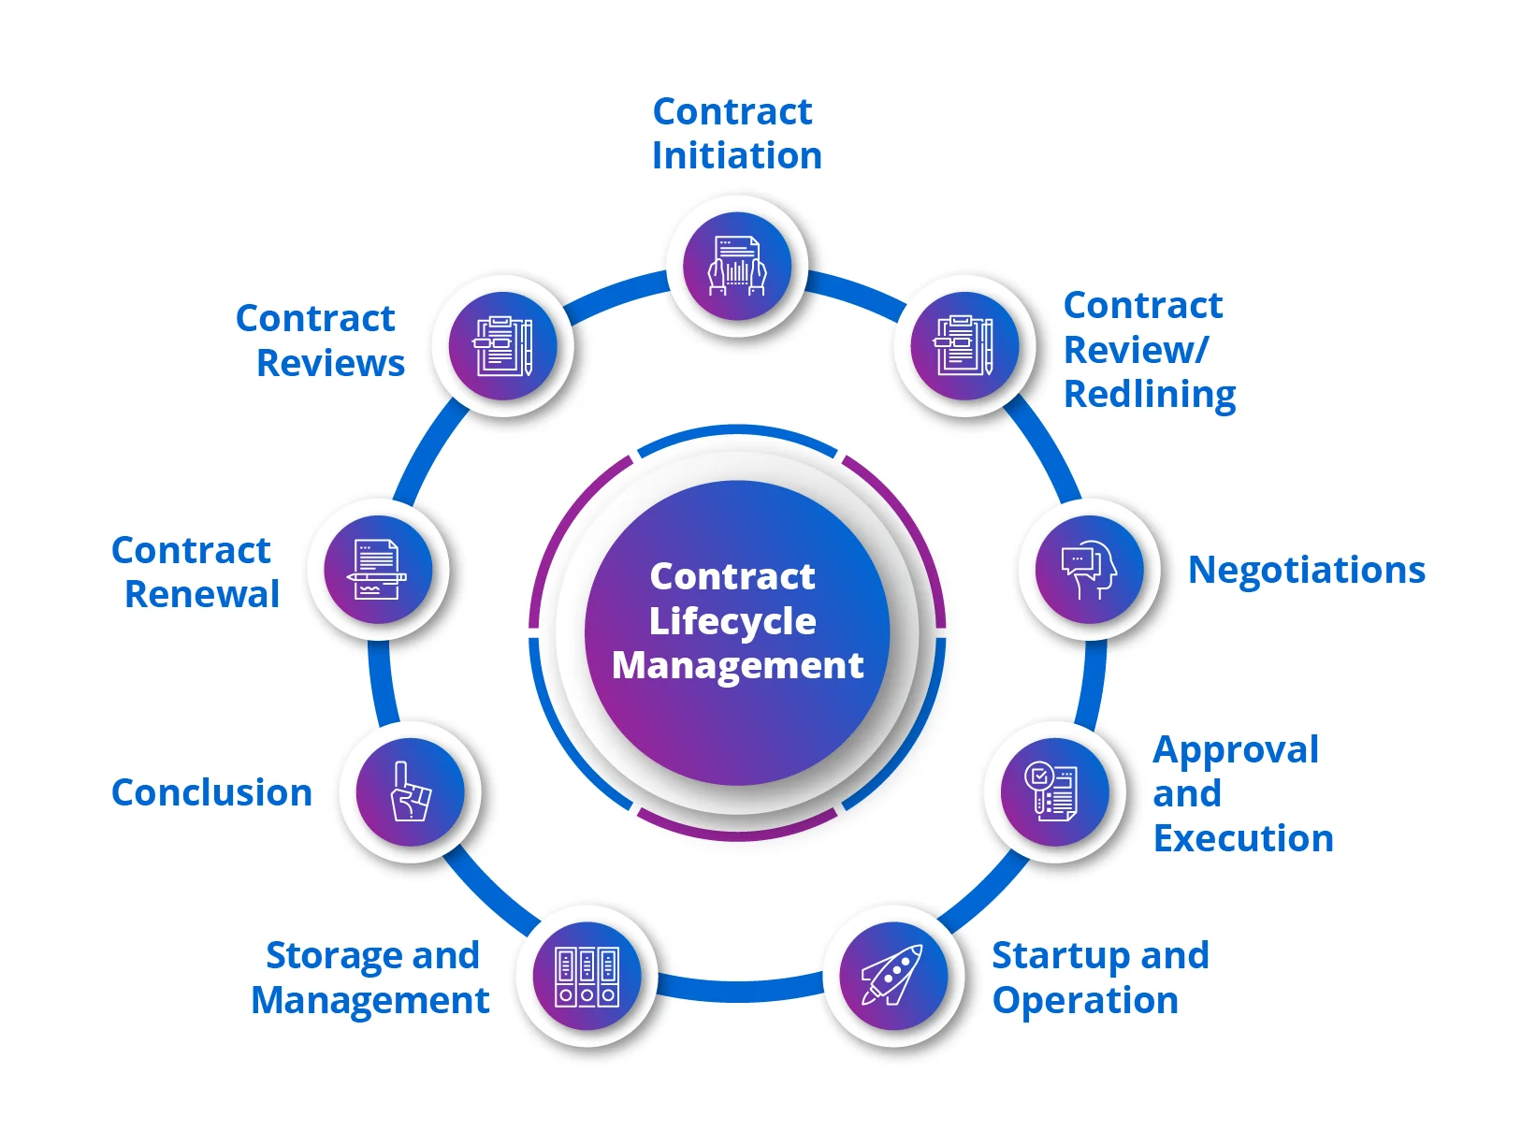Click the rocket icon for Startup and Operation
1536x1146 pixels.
click(x=893, y=975)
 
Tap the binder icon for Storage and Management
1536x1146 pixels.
click(x=587, y=977)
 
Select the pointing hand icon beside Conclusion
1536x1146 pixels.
click(x=411, y=791)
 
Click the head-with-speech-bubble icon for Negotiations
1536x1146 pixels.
click(x=1090, y=569)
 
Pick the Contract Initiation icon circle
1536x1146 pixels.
click(x=737, y=266)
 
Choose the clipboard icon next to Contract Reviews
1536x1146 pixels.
click(x=503, y=345)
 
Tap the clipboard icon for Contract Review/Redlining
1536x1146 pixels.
click(x=964, y=345)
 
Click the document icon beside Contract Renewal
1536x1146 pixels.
click(x=377, y=570)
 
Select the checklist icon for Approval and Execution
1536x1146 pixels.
click(x=1051, y=791)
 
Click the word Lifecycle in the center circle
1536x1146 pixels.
click(x=732, y=621)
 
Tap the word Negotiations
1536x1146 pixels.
click(x=1307, y=570)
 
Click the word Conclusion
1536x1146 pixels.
click(x=211, y=792)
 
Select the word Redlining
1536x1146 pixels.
click(x=1150, y=395)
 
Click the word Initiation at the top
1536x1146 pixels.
click(x=737, y=155)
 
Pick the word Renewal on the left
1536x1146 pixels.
click(x=202, y=594)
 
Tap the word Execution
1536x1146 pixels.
click(x=1243, y=837)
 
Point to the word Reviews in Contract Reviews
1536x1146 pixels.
click(x=331, y=362)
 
